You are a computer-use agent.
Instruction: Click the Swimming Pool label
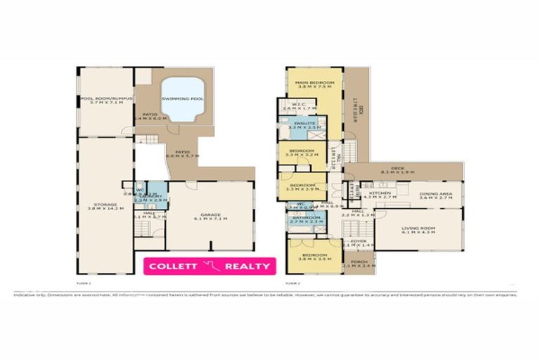tap(182, 99)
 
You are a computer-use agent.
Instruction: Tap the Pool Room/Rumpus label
tap(102, 99)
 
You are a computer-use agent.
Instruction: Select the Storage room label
tap(104, 205)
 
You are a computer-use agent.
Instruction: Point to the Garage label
tap(211, 214)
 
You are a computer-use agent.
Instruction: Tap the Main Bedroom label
tap(314, 84)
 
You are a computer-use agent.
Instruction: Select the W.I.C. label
tap(295, 108)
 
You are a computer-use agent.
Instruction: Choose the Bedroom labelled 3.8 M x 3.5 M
tap(314, 255)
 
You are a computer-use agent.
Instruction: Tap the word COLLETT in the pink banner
tap(174, 266)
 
